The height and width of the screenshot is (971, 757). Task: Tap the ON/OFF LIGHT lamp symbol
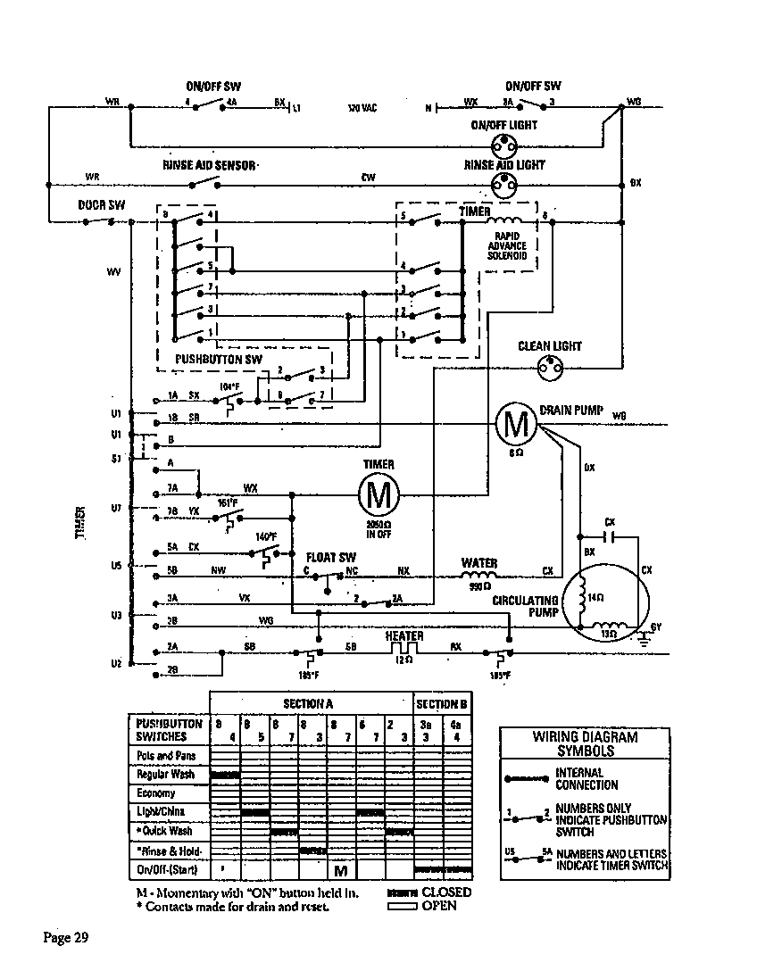pos(504,145)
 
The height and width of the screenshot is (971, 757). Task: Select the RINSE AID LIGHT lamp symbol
pos(504,184)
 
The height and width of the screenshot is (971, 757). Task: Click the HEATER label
pos(404,635)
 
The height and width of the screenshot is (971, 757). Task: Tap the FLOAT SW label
pos(331,556)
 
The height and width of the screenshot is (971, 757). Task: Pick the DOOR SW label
pos(102,204)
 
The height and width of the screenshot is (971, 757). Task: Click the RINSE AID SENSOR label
pos(210,165)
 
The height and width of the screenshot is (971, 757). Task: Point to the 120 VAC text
pos(362,108)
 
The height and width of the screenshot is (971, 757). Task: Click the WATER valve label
pos(479,563)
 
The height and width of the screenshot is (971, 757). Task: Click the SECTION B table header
pos(442,704)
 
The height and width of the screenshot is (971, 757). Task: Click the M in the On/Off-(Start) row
pos(340,869)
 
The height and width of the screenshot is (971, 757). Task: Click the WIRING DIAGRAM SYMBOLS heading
pos(586,743)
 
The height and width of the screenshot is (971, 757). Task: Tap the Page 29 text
pos(67,937)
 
